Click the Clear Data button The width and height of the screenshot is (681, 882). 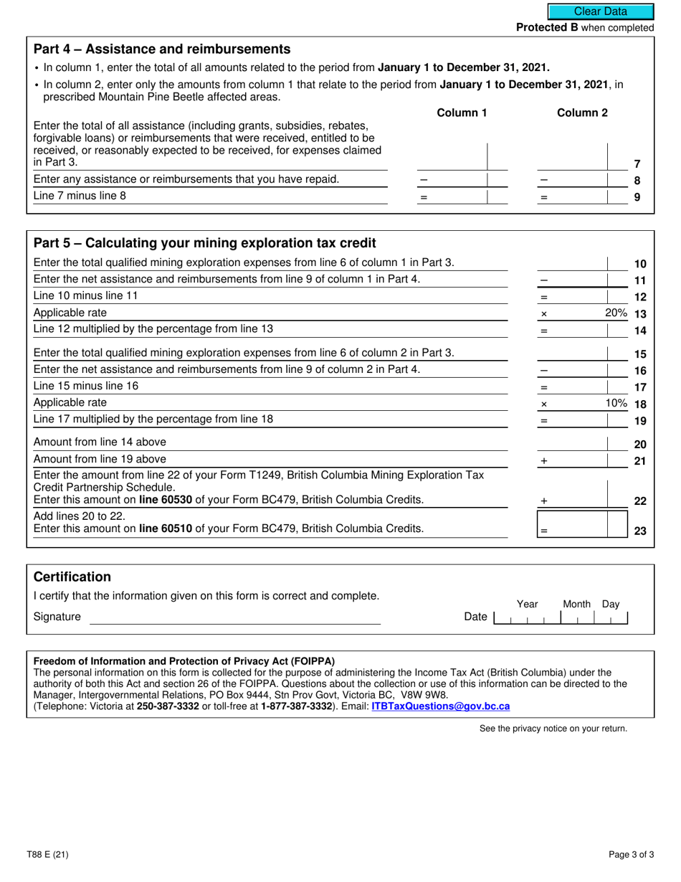[x=601, y=11]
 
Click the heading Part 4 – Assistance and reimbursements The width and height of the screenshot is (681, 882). [x=162, y=49]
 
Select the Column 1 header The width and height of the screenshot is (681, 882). [x=462, y=113]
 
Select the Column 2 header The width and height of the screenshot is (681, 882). [x=582, y=113]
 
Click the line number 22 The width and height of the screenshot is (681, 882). [x=640, y=501]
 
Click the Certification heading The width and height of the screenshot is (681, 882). [x=72, y=577]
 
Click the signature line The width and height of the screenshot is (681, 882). [x=234, y=617]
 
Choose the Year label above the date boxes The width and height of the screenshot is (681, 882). [x=527, y=604]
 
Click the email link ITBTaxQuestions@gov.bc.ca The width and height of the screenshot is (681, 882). [x=441, y=706]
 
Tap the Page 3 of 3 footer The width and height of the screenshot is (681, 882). [x=629, y=854]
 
